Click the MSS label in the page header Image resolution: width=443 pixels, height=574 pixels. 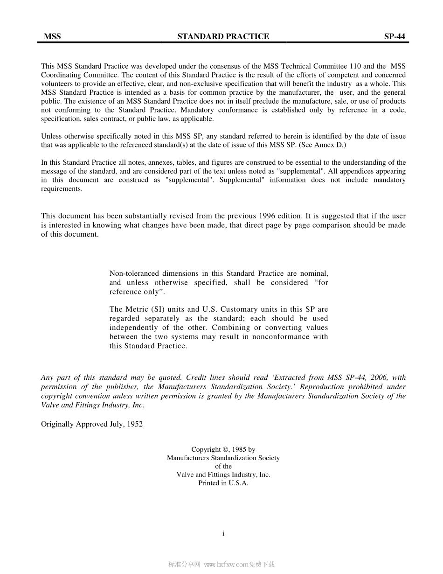click(52, 36)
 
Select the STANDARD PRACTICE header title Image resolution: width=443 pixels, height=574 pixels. click(223, 36)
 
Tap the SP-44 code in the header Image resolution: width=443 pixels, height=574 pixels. click(395, 36)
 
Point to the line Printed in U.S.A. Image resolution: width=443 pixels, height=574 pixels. click(223, 483)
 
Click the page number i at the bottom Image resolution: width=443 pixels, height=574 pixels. click(224, 533)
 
